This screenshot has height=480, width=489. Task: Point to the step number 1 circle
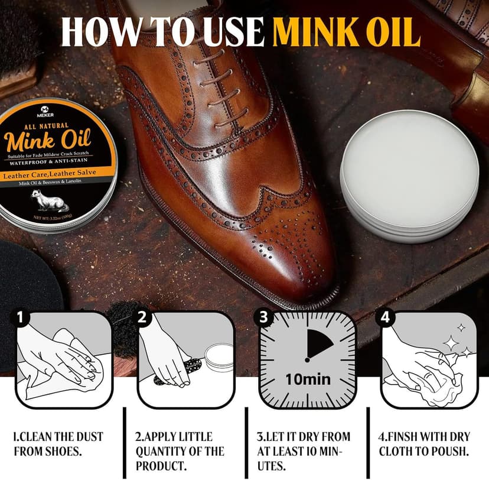pyautogui.click(x=21, y=317)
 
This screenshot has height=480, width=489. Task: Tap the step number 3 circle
pyautogui.click(x=263, y=317)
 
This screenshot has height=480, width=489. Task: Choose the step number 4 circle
pyautogui.click(x=386, y=317)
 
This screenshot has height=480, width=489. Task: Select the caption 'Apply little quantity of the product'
pyautogui.click(x=180, y=451)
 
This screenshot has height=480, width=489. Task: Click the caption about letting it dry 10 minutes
pyautogui.click(x=303, y=451)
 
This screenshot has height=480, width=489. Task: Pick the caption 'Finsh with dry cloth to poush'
pyautogui.click(x=423, y=444)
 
